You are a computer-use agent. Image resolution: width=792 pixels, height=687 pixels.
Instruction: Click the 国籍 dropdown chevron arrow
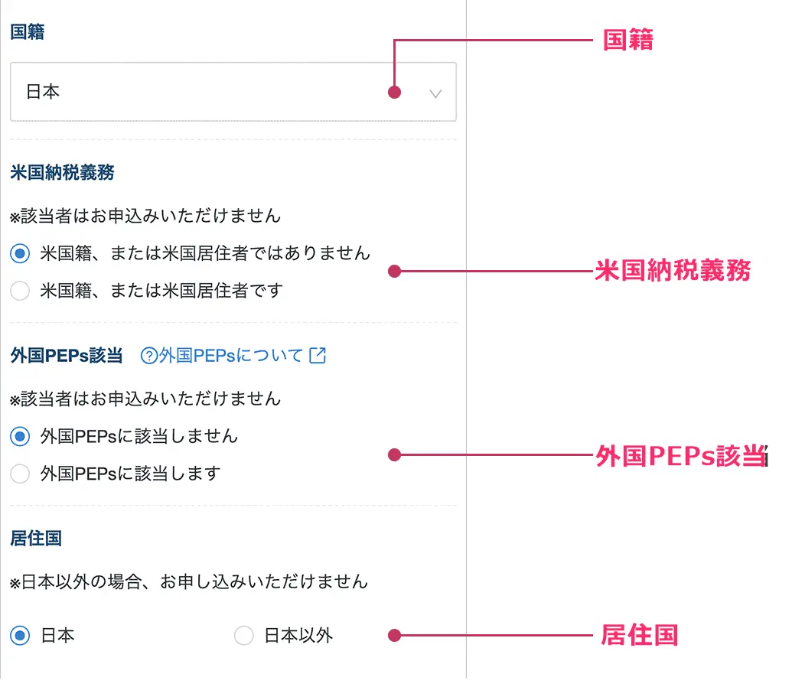[435, 94]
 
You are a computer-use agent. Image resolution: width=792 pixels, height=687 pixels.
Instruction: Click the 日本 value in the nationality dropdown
[43, 92]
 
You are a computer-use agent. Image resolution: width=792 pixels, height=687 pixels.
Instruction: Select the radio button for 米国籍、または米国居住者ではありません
[20, 253]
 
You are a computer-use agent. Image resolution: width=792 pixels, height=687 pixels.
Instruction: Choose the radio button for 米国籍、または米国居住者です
[20, 291]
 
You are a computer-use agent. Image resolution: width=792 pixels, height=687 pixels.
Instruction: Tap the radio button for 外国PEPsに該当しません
[20, 436]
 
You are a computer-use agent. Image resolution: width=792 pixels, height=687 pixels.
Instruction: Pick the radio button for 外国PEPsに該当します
[20, 474]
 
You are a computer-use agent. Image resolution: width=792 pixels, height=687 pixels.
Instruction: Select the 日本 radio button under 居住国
[20, 636]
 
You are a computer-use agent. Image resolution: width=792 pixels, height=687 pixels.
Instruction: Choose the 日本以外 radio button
[243, 636]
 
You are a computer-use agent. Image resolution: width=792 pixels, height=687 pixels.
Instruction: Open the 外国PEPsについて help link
[233, 356]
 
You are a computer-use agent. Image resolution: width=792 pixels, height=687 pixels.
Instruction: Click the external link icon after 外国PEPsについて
[318, 356]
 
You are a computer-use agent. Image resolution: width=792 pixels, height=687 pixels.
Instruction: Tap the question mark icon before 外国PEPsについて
[149, 357]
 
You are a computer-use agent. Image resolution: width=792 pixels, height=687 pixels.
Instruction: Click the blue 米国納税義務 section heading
[63, 173]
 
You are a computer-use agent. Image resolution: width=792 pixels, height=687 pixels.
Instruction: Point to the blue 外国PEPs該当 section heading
[67, 356]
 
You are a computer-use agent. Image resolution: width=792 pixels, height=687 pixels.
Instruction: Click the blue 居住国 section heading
[37, 539]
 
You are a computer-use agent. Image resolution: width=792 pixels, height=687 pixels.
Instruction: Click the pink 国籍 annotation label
[628, 40]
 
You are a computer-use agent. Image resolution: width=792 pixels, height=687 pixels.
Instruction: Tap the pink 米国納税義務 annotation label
[673, 270]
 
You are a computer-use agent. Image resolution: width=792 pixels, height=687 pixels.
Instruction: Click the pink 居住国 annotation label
[640, 635]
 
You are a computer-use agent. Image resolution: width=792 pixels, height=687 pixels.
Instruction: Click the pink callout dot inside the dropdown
[395, 93]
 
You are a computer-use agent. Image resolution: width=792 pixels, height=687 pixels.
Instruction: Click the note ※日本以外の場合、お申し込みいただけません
[189, 582]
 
